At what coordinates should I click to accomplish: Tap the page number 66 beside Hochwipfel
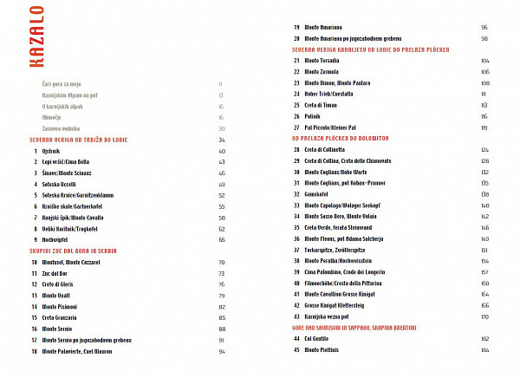[222, 238]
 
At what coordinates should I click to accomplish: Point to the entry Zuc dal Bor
[55, 272]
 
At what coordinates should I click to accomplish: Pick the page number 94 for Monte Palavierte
[222, 352]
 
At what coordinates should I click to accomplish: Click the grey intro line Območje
[52, 116]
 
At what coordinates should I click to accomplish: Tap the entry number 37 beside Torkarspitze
[296, 249]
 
